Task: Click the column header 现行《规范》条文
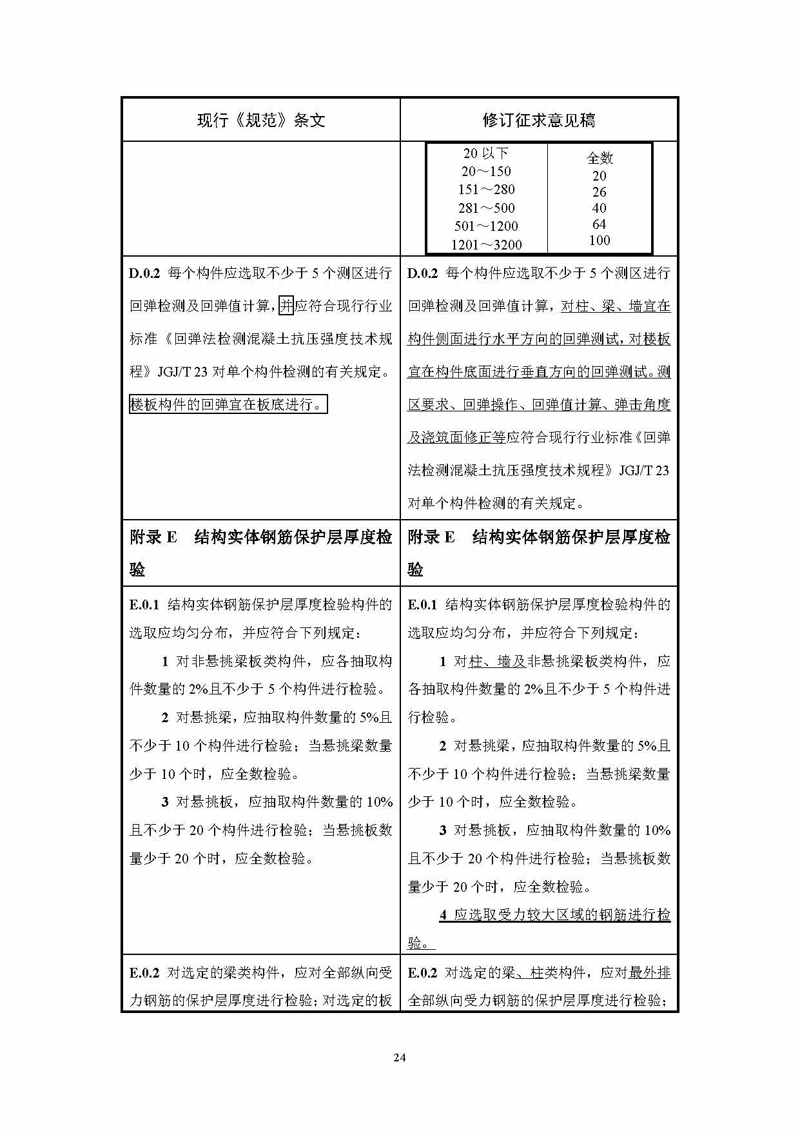click(261, 121)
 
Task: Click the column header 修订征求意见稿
click(539, 121)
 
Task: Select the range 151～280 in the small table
click(486, 190)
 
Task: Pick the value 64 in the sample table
click(599, 224)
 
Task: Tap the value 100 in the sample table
click(599, 241)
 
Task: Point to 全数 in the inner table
click(599, 158)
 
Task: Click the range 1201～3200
click(486, 245)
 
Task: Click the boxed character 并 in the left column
click(286, 306)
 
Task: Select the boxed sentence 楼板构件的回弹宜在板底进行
click(228, 404)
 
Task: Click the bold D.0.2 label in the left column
click(144, 273)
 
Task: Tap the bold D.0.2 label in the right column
click(422, 273)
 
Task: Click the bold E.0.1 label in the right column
click(422, 605)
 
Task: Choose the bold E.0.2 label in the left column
click(144, 972)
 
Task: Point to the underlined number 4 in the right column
click(444, 915)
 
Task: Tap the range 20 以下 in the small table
click(486, 153)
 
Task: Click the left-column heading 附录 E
click(153, 537)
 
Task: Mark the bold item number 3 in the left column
click(165, 802)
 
